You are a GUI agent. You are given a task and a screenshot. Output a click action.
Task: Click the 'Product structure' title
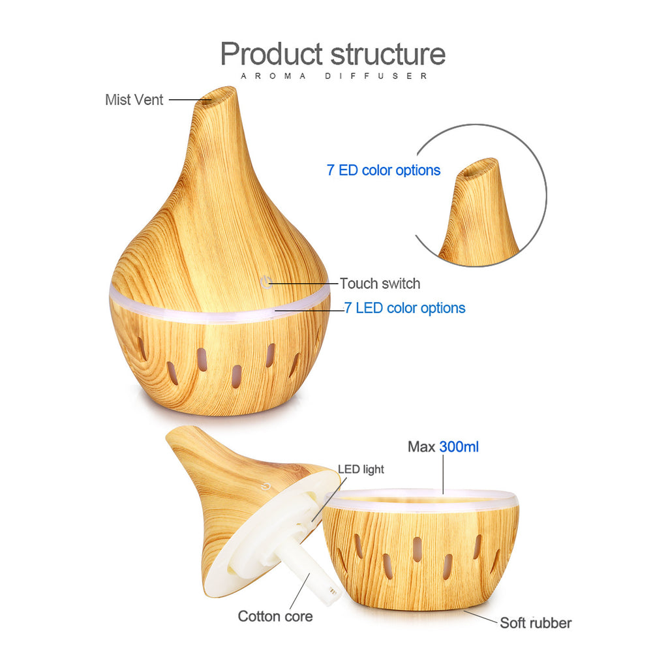click(333, 53)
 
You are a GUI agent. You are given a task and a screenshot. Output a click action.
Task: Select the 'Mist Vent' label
click(134, 100)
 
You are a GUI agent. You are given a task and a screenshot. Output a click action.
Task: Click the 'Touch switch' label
click(380, 284)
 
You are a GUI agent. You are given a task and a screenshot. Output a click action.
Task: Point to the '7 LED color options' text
click(405, 308)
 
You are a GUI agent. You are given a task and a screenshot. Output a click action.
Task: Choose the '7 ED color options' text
click(384, 170)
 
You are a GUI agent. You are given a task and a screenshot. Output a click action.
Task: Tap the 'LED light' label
click(361, 469)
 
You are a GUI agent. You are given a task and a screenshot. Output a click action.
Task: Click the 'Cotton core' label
click(275, 616)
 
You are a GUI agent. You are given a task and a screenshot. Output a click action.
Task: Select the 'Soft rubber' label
click(536, 623)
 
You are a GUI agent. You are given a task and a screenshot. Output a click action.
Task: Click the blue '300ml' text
click(459, 447)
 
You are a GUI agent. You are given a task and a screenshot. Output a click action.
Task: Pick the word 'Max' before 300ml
click(421, 447)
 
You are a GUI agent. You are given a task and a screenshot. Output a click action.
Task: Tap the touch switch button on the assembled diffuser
click(265, 282)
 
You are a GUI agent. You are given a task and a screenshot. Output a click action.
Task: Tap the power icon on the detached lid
click(264, 485)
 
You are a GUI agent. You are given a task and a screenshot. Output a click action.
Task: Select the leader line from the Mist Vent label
click(186, 100)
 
